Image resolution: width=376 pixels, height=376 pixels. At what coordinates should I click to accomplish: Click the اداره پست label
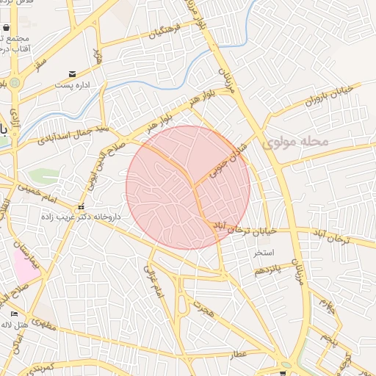tap(72, 85)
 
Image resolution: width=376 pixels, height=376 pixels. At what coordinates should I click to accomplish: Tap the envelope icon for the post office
tap(72, 74)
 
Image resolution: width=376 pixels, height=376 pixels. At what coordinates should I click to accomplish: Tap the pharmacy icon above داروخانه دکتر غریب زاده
tap(82, 206)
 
